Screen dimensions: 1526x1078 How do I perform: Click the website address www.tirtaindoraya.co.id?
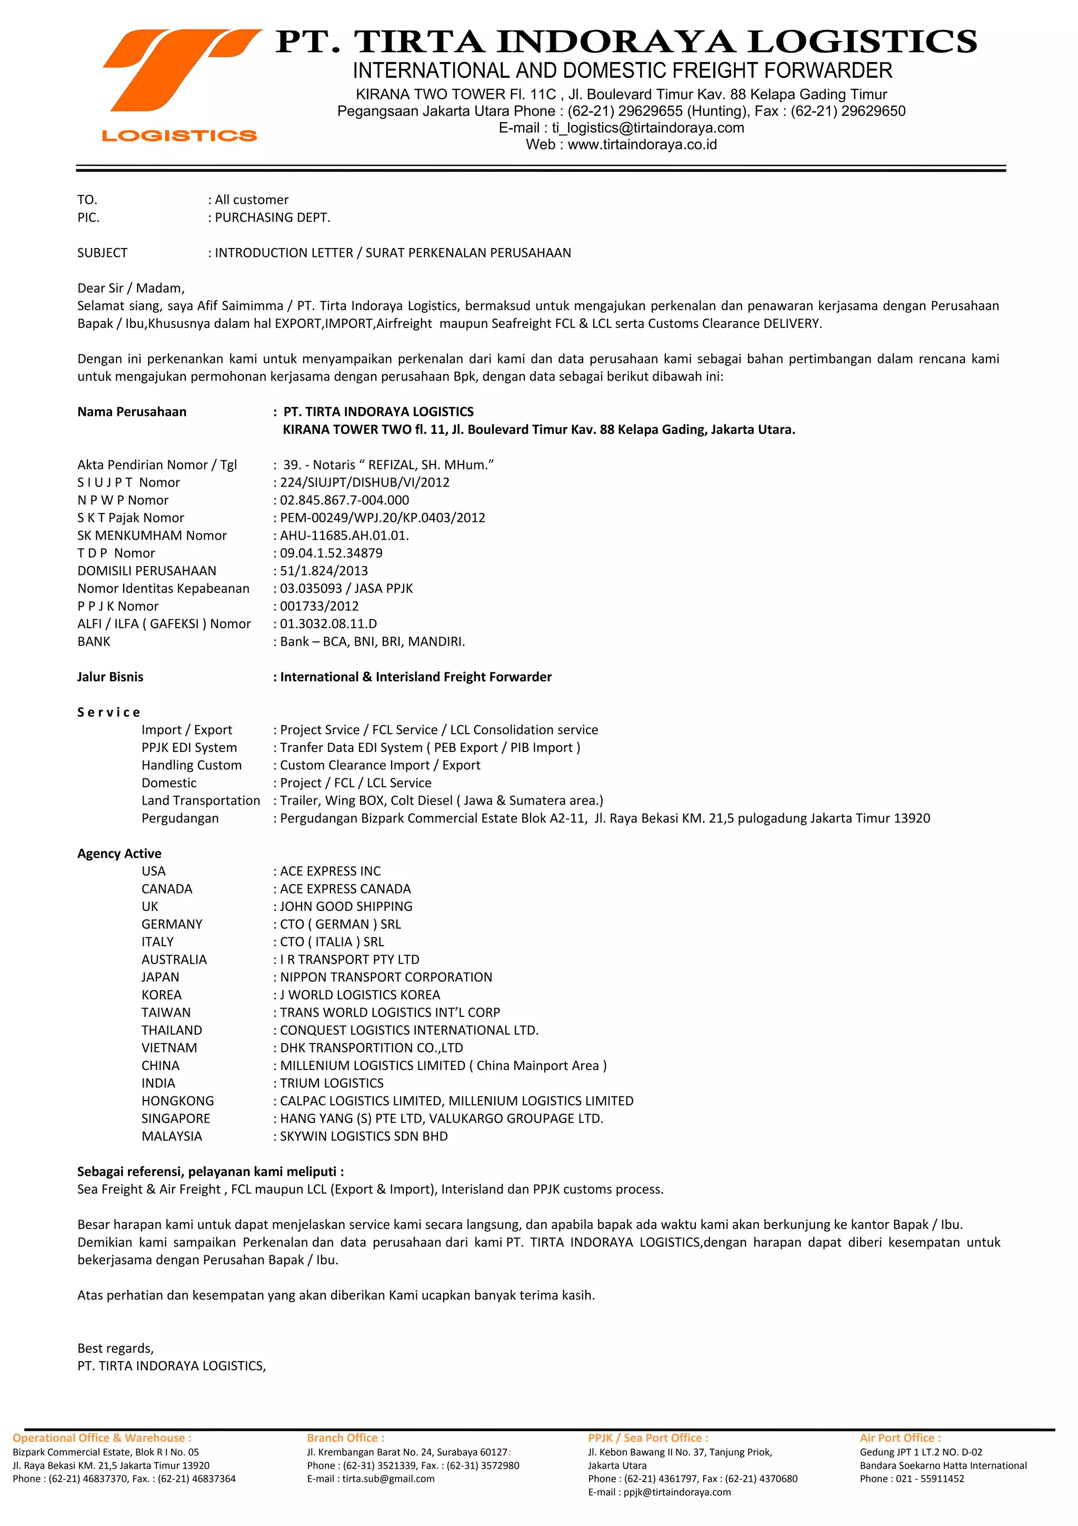click(642, 145)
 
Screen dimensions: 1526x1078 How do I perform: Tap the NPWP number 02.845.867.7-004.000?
click(344, 500)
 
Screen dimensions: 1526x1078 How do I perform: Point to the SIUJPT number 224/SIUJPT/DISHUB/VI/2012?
click(364, 482)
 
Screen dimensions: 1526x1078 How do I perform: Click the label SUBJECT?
click(102, 253)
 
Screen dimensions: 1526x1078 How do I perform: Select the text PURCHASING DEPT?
click(272, 217)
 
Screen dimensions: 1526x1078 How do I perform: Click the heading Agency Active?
click(119, 854)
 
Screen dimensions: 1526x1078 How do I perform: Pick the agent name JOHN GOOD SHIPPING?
click(345, 907)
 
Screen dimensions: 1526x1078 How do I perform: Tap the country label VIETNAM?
click(169, 1047)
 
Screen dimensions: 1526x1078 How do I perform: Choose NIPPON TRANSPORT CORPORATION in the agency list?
click(385, 977)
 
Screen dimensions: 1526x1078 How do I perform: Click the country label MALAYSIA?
click(172, 1136)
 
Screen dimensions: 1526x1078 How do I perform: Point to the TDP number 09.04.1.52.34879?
click(331, 553)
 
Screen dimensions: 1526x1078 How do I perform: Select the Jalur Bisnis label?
click(110, 677)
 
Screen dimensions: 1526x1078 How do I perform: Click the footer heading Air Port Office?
click(900, 1438)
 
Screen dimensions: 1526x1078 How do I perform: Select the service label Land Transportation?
click(201, 800)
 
